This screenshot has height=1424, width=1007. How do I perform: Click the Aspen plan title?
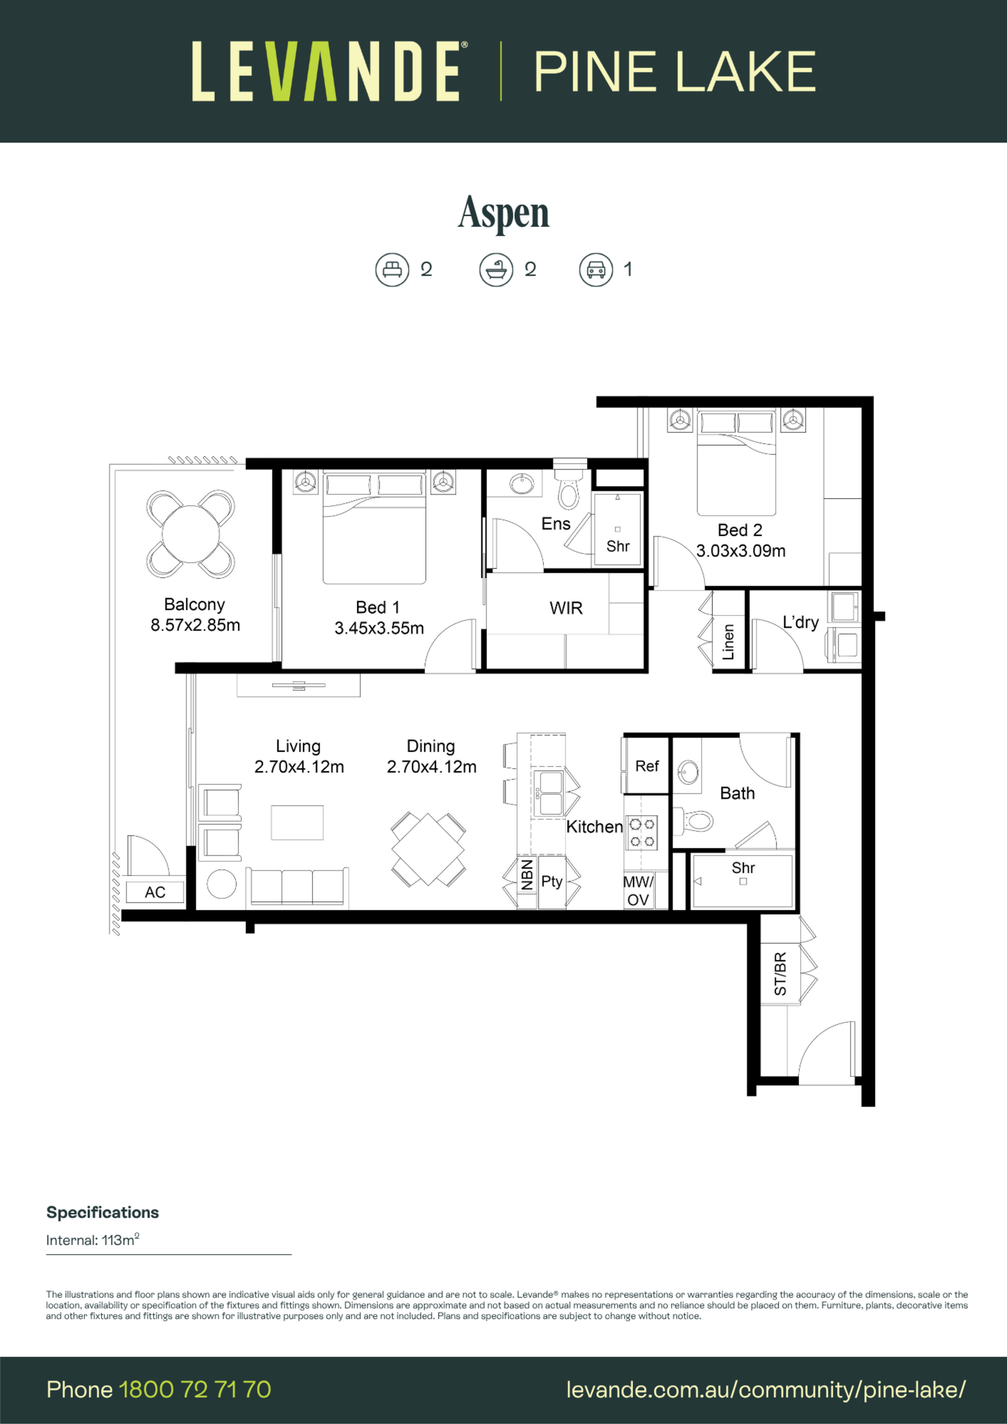pos(503,213)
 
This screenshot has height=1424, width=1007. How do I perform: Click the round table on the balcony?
pos(190,534)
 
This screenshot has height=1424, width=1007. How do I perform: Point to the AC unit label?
pos(155,892)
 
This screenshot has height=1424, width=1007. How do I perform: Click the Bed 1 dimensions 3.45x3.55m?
pos(379,628)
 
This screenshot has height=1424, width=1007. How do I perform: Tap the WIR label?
pos(566,608)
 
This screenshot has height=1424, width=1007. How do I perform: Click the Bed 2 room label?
pos(740,530)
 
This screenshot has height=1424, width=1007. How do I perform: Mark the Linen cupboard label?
pos(729,642)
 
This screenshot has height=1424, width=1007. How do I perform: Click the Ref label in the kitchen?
pos(647,766)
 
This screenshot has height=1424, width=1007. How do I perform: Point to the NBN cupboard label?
pos(527,875)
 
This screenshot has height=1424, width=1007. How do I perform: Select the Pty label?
pos(552,881)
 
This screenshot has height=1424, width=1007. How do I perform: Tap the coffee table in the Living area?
pos(297,823)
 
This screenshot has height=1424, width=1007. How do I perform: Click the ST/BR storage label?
pos(780,974)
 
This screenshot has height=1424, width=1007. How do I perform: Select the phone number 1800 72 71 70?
pos(195,1389)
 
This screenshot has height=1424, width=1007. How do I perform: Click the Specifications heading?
pos(102,1213)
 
